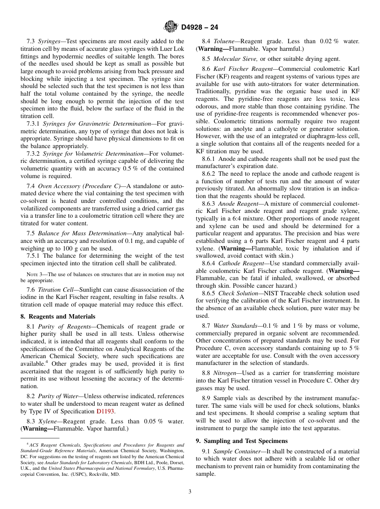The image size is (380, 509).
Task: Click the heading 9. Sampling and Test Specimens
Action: (241, 441)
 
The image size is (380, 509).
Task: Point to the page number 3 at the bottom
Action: (190, 492)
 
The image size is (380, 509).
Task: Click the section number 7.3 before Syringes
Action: (31, 41)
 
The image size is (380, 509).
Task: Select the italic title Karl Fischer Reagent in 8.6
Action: (244, 69)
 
